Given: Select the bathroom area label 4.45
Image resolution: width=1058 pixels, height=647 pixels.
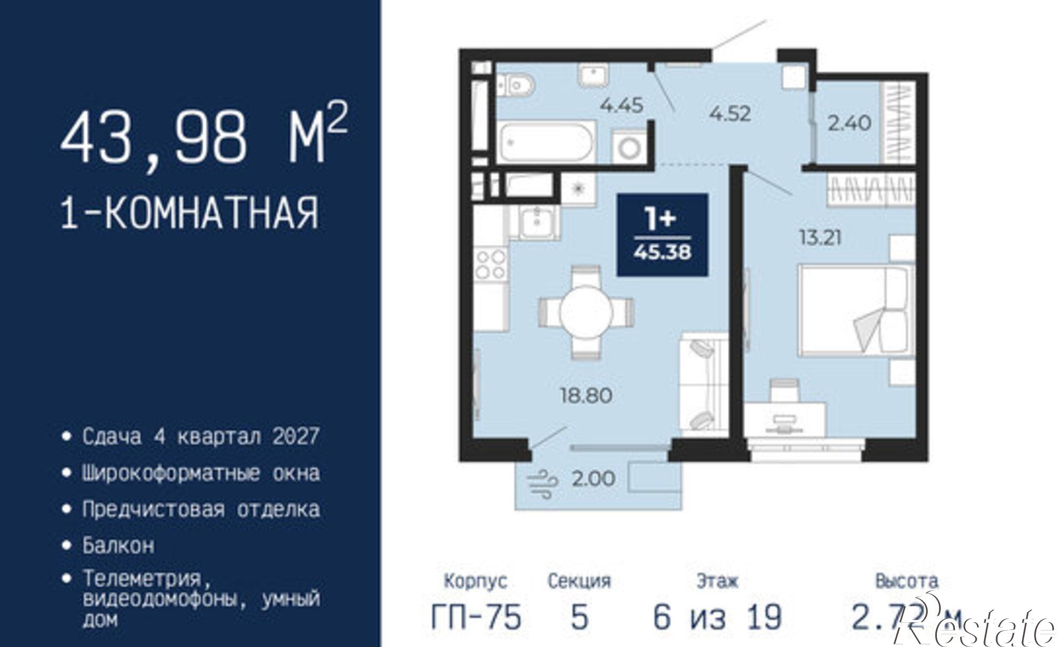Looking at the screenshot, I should [x=621, y=105].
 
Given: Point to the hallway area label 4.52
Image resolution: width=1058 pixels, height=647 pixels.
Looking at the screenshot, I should [x=730, y=114].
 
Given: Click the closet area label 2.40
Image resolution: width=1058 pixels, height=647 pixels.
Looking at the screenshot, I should [x=849, y=123].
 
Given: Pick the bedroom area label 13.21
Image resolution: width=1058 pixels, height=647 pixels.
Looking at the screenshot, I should [x=819, y=238].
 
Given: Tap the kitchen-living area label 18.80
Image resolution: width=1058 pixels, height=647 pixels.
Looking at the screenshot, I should [x=586, y=395].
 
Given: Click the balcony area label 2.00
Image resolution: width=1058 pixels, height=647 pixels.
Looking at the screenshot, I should [x=593, y=479].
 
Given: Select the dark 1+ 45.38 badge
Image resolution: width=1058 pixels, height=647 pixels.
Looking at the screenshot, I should [x=662, y=234].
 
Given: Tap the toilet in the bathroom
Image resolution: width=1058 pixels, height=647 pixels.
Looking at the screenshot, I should [x=516, y=85].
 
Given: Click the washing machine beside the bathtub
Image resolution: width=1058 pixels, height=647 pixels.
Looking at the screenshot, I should [x=629, y=148].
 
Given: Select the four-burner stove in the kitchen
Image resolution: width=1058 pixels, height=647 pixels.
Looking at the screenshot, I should [x=490, y=265].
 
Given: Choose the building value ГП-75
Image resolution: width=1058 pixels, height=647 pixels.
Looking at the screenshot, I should [x=476, y=617].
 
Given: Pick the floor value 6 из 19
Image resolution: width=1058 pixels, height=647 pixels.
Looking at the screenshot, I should [x=717, y=617].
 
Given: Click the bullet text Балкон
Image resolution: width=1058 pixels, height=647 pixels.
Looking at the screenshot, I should [x=118, y=545].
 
